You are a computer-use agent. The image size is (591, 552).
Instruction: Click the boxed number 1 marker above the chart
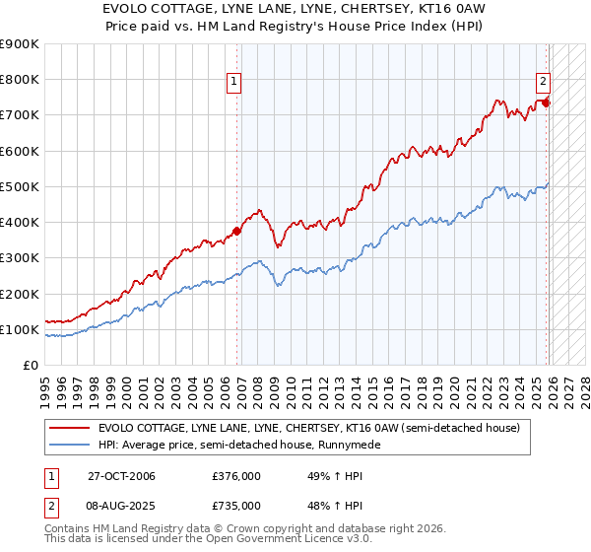tap(234, 82)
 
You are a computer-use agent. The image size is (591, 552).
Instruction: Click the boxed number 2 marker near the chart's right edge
tap(543, 82)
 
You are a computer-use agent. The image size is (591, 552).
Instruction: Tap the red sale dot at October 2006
tap(236, 232)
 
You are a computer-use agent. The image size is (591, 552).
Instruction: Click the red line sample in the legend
tap(70, 428)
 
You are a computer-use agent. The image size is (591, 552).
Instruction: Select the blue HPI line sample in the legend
tap(70, 446)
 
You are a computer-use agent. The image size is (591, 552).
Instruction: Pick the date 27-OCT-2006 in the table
tap(121, 477)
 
